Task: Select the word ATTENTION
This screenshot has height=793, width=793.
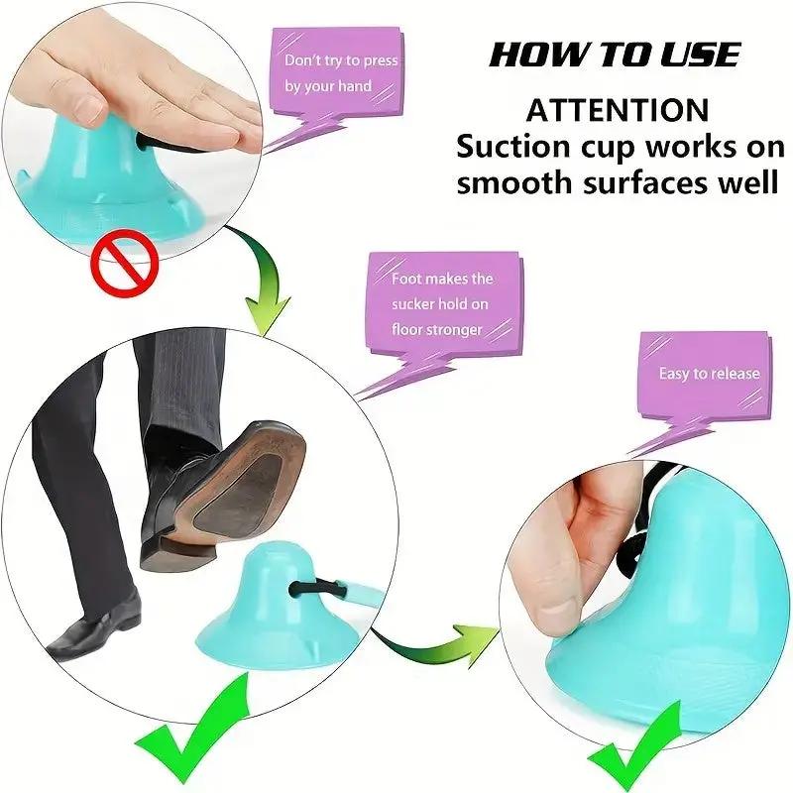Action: click(618, 109)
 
